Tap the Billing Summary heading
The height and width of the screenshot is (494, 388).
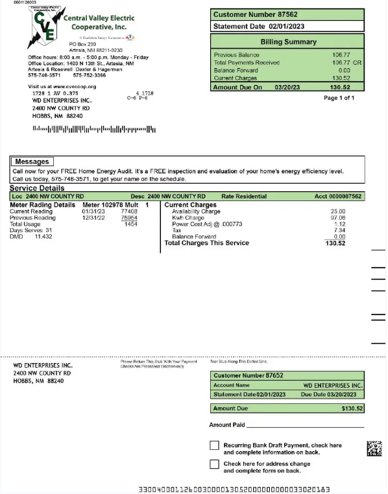[x=288, y=41]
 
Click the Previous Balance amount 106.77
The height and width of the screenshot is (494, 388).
[x=341, y=55]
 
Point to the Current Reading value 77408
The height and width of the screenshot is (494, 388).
[x=129, y=211]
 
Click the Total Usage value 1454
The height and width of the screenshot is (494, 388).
[x=130, y=224]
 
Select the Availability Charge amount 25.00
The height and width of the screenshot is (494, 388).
[x=337, y=211]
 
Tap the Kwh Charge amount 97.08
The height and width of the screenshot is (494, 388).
[x=337, y=218]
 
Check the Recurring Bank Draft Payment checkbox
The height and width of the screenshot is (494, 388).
[x=214, y=445]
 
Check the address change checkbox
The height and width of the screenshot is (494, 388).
[x=214, y=464]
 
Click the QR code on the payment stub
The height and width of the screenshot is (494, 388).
[x=374, y=449]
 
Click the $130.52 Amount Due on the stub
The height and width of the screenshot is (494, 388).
[x=352, y=408]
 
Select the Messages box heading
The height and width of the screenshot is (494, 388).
[x=32, y=161]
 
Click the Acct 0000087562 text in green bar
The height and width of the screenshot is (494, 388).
[x=338, y=196]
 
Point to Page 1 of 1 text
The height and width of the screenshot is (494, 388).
[x=339, y=98]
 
